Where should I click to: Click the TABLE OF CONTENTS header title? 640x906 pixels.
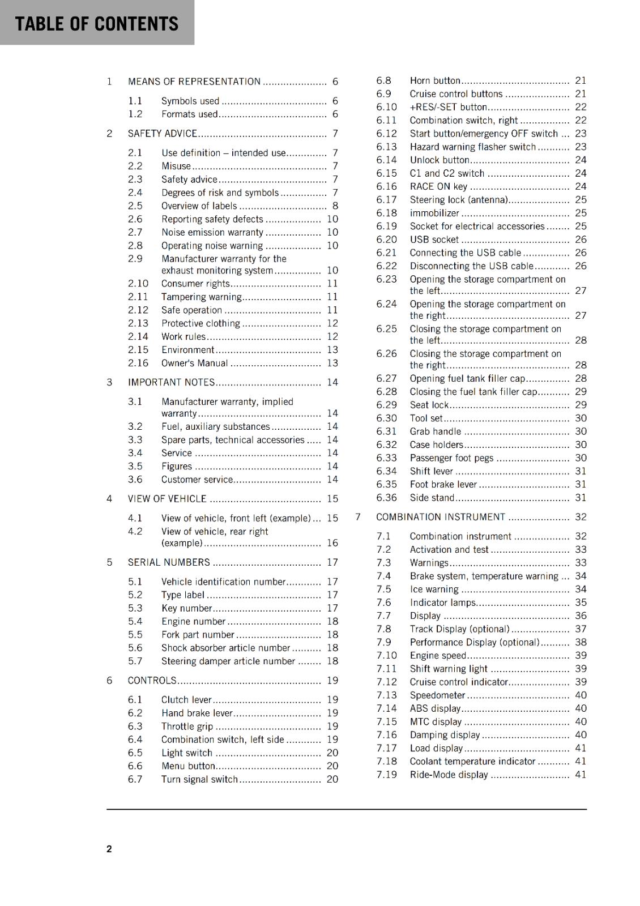96,24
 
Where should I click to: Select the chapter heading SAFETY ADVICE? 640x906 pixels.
162,134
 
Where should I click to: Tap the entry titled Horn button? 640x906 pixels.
434,81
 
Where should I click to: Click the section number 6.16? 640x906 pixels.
386,187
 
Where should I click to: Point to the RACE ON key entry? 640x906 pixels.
438,187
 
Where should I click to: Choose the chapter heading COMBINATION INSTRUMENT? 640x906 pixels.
440,517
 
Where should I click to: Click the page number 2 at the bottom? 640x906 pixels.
109,849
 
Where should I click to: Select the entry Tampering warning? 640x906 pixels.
201,297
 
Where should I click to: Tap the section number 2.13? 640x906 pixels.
138,323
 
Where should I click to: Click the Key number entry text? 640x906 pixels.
186,609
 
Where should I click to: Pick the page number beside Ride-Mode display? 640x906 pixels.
581,775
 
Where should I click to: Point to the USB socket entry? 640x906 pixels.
434,240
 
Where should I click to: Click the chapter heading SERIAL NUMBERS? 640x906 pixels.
169,562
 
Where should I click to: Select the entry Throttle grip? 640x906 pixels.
187,726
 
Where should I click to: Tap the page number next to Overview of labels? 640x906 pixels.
335,206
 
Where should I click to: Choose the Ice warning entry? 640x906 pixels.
434,589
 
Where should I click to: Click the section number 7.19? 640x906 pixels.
386,775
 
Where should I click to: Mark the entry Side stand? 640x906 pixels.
432,498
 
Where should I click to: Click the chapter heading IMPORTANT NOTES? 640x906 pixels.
171,382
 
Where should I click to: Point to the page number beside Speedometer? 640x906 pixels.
581,695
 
